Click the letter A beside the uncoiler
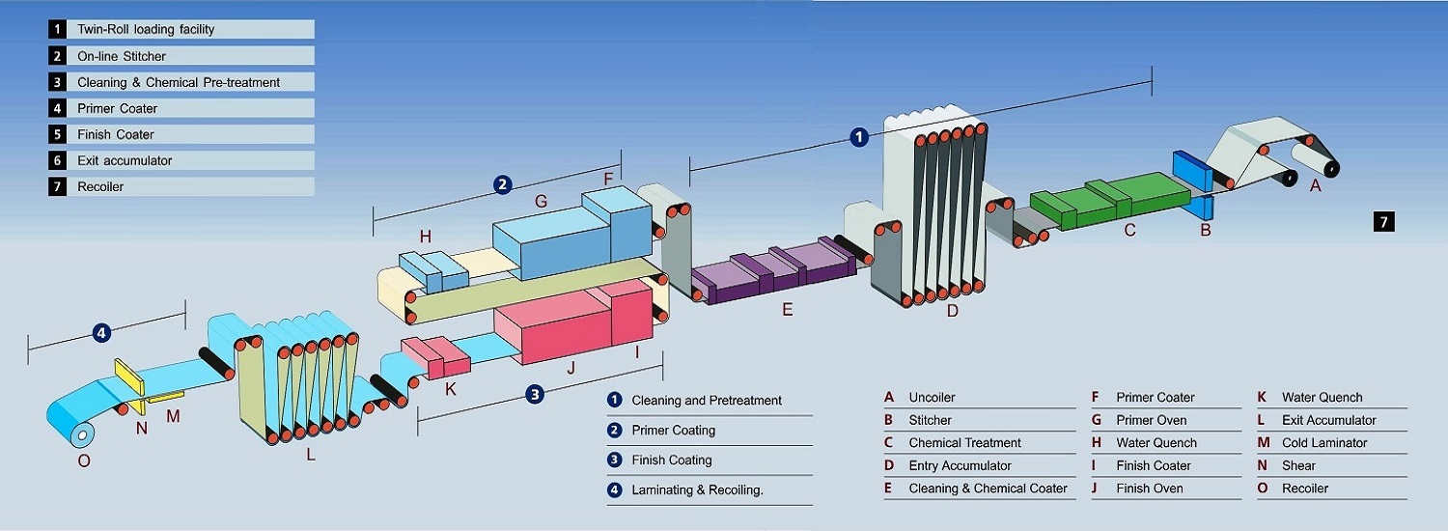[x=1315, y=186]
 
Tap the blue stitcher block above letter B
[x=1193, y=170]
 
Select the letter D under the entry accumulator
[x=953, y=310]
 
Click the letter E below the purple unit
[x=787, y=310]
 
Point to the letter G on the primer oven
[x=541, y=202]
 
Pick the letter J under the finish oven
[x=571, y=367]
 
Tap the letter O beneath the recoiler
[x=84, y=461]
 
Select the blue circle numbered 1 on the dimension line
[x=859, y=137]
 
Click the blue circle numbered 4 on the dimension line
[x=102, y=333]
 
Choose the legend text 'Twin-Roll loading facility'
[x=146, y=29]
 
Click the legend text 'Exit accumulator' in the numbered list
[x=125, y=160]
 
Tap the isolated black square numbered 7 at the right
[x=1383, y=222]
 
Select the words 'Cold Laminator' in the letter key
[x=1324, y=443]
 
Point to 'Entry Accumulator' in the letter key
[x=960, y=465]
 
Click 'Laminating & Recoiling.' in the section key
[x=697, y=489]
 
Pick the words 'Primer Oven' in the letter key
[x=1151, y=420]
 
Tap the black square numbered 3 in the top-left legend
[x=58, y=82]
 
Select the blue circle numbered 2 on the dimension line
[x=502, y=184]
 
